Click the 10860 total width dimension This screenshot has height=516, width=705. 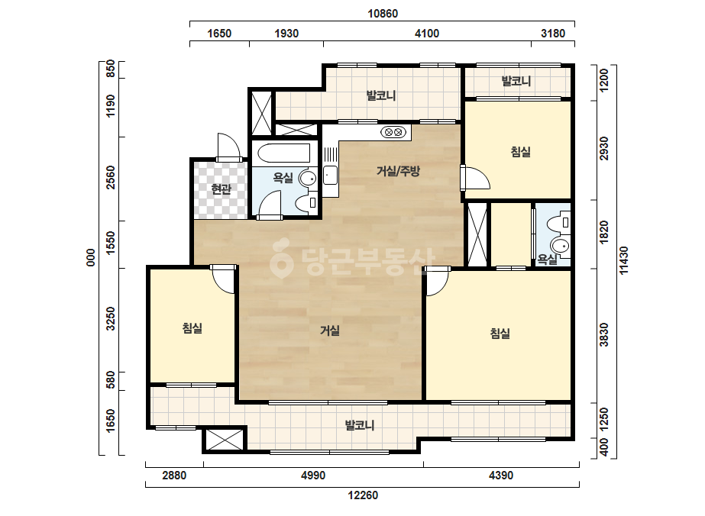[x=383, y=14]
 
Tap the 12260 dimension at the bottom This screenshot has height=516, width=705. [x=363, y=495]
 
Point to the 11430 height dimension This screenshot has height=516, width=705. [x=625, y=260]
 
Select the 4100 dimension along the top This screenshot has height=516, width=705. [x=427, y=34]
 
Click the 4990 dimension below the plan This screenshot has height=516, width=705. [x=313, y=475]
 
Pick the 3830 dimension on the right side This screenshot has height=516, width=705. [x=604, y=335]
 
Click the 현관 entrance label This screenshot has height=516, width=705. [x=222, y=189]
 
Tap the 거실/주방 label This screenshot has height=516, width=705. [x=397, y=171]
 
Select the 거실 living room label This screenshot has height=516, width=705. [x=329, y=331]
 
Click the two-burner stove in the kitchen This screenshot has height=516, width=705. [x=393, y=132]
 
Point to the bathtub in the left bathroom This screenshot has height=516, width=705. [x=284, y=153]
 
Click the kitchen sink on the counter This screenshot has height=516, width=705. [x=330, y=175]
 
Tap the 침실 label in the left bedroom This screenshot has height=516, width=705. [x=192, y=328]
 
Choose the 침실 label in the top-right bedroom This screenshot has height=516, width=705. [x=521, y=151]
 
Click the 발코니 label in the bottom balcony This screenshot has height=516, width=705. [x=359, y=424]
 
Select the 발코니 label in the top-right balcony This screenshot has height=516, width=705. [x=516, y=81]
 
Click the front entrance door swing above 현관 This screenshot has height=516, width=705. [x=228, y=147]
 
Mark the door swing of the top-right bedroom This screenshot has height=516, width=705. [x=476, y=178]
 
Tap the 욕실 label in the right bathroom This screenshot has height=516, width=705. [x=547, y=260]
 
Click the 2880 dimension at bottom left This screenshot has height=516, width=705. [x=174, y=475]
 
